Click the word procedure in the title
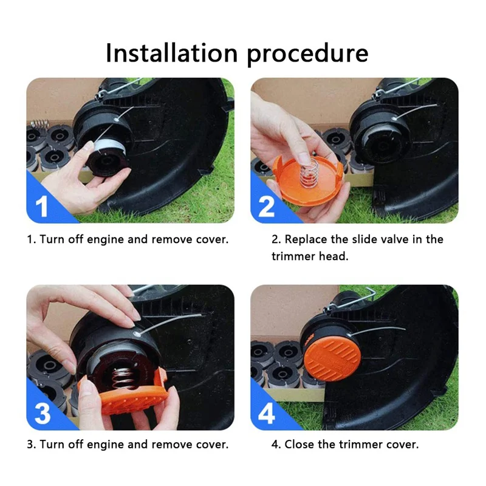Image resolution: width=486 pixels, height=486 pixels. tap(307, 54)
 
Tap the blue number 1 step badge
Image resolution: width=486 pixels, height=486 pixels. tap(41, 206)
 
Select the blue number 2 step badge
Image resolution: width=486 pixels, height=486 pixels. tap(266, 206)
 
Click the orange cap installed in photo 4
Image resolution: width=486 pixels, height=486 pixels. tap(332, 358)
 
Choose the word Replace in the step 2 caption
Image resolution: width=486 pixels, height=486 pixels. tap(306, 239)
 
